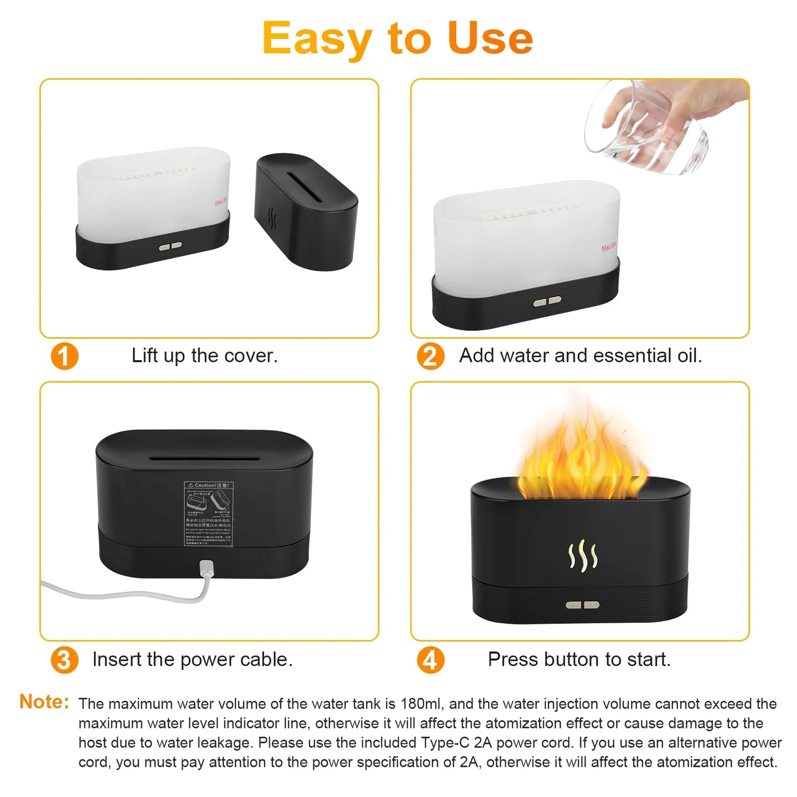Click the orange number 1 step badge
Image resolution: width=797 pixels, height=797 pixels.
click(x=65, y=356)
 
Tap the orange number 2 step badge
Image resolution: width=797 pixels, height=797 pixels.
click(x=430, y=356)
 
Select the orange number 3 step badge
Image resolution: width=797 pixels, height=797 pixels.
click(x=65, y=660)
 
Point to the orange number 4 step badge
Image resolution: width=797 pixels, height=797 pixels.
click(x=430, y=660)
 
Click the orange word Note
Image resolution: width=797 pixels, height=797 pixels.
click(x=44, y=702)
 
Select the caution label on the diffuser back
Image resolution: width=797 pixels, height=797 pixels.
click(x=208, y=513)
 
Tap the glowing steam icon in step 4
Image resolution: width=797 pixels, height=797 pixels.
click(x=582, y=555)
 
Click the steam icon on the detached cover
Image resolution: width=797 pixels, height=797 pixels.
click(x=271, y=218)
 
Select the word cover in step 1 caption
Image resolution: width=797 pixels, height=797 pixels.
click(x=255, y=356)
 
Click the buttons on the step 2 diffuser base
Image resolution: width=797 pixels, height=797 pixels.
click(x=547, y=301)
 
